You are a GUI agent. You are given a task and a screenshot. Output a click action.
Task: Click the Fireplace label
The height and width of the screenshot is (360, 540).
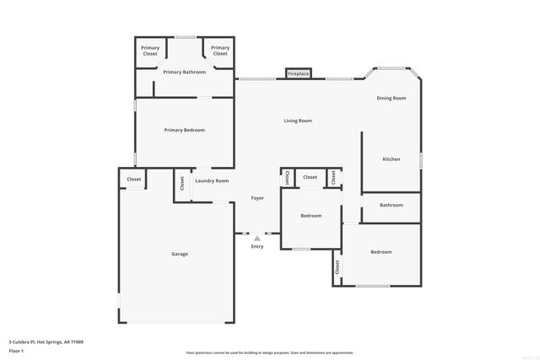299,74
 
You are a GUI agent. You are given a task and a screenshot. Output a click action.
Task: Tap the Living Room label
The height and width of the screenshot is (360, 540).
297,121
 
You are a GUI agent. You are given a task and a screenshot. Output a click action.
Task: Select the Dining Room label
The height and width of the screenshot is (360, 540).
391,98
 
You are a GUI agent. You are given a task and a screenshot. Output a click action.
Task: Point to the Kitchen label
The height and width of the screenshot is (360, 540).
391,159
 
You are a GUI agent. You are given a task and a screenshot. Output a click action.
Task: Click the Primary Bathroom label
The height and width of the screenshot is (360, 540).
184,72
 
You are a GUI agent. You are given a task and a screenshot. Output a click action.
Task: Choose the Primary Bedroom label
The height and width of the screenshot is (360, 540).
184,130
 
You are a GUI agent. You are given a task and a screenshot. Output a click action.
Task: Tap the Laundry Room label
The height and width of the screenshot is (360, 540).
212,180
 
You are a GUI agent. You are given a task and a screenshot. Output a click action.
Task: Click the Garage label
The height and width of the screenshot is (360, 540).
180,254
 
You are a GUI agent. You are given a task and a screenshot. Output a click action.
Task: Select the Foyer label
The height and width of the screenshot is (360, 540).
257,198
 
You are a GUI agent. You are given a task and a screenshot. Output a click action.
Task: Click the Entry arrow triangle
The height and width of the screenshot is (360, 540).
257,239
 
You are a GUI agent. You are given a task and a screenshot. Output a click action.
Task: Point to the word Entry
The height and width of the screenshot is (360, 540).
257,246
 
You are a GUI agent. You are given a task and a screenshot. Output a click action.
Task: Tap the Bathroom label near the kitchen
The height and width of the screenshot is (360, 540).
391,205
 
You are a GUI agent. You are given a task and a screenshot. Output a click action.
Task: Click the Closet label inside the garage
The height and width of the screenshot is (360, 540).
134,179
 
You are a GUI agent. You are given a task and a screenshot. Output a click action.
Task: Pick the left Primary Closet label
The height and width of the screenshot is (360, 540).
150,51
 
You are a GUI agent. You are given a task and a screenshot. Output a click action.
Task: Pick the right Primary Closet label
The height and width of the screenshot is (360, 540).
220,51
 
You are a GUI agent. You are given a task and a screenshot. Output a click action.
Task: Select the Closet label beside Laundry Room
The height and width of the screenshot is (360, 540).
182,182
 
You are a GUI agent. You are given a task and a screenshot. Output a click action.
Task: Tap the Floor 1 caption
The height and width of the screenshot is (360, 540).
17,350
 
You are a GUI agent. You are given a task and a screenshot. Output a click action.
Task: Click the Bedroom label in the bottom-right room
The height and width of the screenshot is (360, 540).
381,251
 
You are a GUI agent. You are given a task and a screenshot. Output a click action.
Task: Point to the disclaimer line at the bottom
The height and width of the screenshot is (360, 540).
270,352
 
